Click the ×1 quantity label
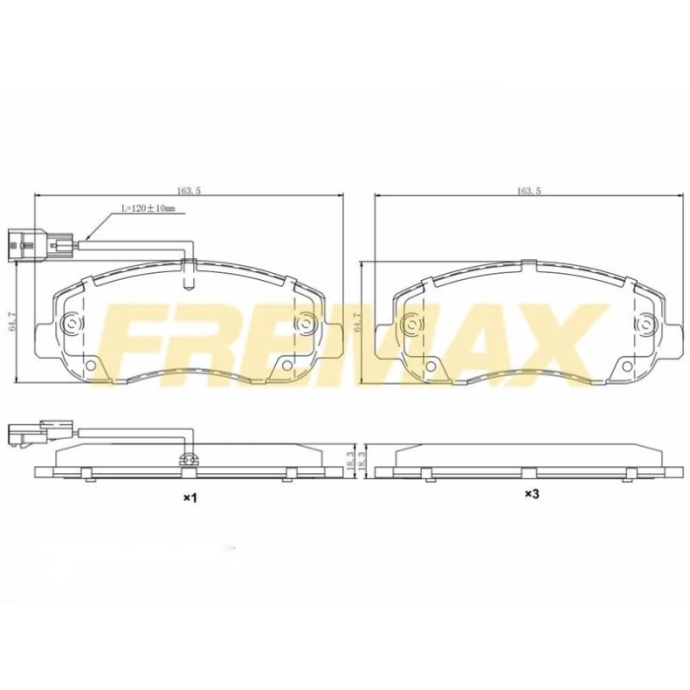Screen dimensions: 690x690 coord(191,499)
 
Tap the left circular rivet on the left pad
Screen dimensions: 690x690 coord(73,323)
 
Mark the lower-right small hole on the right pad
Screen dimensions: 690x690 coord(625,366)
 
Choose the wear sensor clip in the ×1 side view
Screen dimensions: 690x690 coord(190,458)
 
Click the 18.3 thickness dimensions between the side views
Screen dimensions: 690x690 coord(358,459)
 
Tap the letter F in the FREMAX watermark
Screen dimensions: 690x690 coord(141,340)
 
